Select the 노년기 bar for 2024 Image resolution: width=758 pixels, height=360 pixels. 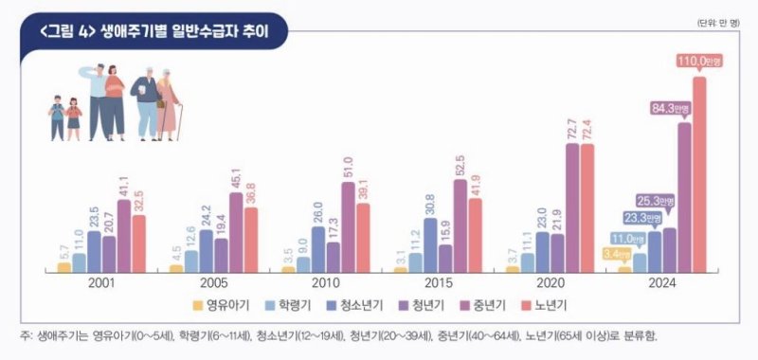pyautogui.click(x=699, y=175)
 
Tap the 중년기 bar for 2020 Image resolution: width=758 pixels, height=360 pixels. pyautogui.click(x=572, y=208)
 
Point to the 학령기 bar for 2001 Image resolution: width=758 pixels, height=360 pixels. pyautogui.click(x=79, y=262)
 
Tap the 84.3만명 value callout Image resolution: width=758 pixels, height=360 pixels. pyautogui.click(x=670, y=109)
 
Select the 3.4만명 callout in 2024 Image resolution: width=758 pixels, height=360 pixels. pyautogui.click(x=617, y=254)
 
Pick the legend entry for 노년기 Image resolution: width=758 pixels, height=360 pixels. pyautogui.click(x=541, y=305)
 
